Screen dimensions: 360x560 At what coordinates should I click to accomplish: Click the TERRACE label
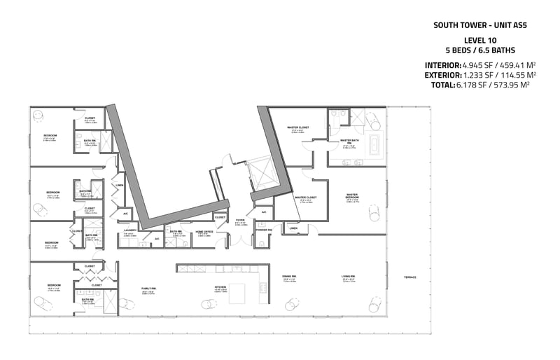[409, 277]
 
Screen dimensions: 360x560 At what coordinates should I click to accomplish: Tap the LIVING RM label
[349, 277]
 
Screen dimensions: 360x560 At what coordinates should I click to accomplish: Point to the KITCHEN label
[221, 286]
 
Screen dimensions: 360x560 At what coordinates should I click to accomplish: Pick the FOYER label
[239, 220]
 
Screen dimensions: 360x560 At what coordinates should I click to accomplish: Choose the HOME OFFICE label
[204, 231]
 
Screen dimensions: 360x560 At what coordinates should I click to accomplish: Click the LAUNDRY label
[129, 230]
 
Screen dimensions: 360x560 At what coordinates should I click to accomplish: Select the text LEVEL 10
[479, 41]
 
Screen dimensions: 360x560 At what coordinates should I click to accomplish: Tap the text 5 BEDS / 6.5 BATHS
[479, 50]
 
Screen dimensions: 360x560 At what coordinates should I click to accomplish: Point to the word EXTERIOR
[442, 74]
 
